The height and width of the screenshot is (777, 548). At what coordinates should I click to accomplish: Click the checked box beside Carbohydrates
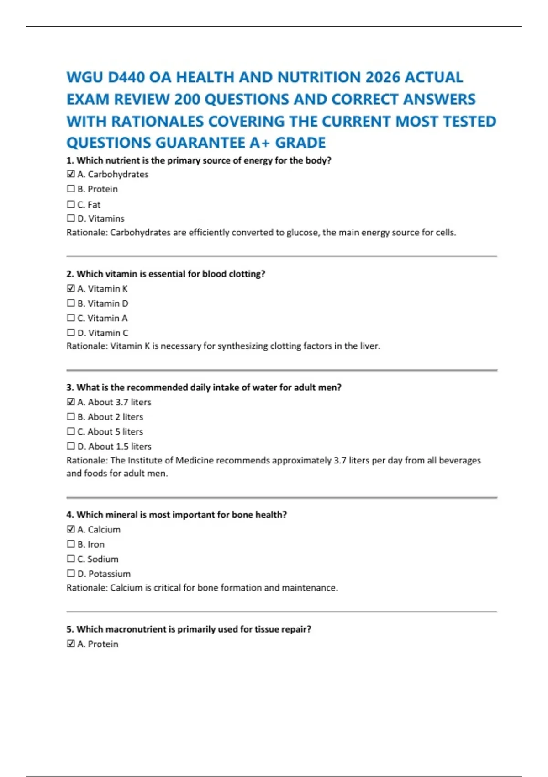71,174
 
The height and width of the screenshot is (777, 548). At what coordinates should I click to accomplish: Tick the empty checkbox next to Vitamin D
71,303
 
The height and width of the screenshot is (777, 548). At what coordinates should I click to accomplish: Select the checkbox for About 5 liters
71,431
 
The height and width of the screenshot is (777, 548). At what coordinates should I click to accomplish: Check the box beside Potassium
71,573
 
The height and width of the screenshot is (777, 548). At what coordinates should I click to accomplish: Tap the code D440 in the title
126,77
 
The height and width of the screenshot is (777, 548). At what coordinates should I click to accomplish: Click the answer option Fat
94,204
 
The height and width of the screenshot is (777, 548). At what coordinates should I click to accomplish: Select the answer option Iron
96,544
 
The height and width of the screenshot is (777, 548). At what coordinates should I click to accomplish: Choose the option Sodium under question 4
103,559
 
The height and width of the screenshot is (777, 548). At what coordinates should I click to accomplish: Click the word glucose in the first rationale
302,233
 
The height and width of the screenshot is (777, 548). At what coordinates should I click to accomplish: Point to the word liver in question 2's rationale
369,346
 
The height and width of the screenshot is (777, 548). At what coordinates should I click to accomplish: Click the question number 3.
69,388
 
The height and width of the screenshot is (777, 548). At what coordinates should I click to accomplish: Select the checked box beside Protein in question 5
71,644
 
